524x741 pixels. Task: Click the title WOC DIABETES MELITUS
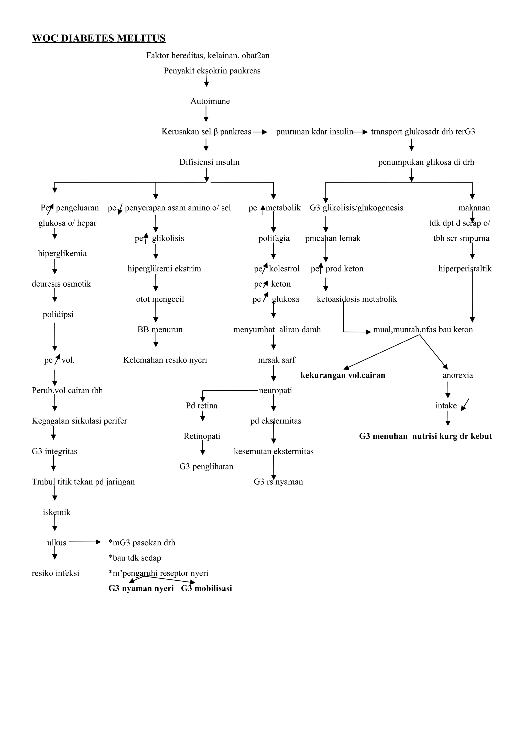coord(99,38)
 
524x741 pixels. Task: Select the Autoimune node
coord(210,101)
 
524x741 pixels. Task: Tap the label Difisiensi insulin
coord(209,162)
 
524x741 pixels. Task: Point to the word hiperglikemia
coord(62,254)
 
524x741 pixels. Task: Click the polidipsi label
coord(58,314)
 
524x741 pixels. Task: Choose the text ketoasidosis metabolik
coord(357,299)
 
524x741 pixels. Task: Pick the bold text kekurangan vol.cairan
coord(343,375)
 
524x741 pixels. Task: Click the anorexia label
coord(457,375)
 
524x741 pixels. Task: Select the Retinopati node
coord(202,436)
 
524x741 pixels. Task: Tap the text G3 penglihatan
coord(206,467)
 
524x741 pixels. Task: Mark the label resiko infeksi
coord(55,573)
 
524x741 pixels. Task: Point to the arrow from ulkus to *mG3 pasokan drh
coord(85,543)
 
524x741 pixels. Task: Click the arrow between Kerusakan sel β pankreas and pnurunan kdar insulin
coord(260,132)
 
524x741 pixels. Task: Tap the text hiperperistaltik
coord(465,269)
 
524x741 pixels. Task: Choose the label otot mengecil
coord(160,299)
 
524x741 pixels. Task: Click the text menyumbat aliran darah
coord(277,330)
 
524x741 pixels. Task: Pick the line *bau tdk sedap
coord(135,558)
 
